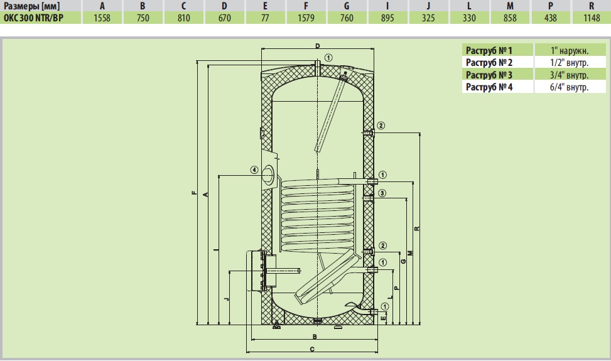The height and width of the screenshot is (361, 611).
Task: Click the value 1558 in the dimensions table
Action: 102,18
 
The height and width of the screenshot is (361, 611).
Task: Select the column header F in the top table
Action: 306,6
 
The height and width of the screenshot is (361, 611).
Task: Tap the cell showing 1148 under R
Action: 592,18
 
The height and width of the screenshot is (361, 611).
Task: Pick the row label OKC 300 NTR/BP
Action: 33,18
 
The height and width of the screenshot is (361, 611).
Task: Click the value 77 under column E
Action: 265,18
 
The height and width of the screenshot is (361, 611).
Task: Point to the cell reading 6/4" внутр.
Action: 569,87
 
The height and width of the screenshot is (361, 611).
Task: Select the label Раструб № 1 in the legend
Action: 489,50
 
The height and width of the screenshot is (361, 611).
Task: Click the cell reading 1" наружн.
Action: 570,51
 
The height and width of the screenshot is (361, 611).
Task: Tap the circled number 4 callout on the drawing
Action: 254,170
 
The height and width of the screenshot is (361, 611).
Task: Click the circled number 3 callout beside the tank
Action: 382,193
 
